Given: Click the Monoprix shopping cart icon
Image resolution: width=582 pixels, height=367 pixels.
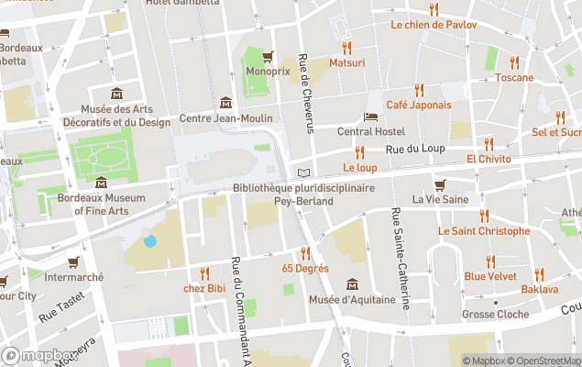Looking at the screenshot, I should point(268,56).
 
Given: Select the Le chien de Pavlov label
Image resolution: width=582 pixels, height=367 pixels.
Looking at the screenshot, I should point(434,25).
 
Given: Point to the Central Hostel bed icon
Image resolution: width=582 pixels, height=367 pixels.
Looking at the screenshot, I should point(370,117).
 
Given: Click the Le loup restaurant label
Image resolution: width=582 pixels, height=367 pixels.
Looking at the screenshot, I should point(360,168).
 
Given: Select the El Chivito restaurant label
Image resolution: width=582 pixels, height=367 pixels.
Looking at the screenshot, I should point(488,159).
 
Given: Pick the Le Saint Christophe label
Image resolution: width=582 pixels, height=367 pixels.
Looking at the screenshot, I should point(483,231).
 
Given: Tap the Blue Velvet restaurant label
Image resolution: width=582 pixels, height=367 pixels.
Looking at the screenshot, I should point(489,275).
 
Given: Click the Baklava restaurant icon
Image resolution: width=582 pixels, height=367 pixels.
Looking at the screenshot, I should point(539,273).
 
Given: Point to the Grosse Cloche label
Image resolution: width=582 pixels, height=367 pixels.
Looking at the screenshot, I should point(496,315).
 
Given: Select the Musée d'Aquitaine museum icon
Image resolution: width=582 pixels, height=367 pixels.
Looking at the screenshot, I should point(352,284).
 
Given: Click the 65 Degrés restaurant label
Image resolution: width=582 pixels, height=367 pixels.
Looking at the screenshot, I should point(305,269).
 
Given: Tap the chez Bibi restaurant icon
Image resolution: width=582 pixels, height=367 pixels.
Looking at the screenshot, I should point(204,272).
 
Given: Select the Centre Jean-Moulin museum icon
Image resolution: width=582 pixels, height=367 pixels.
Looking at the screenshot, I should point(225,103).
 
